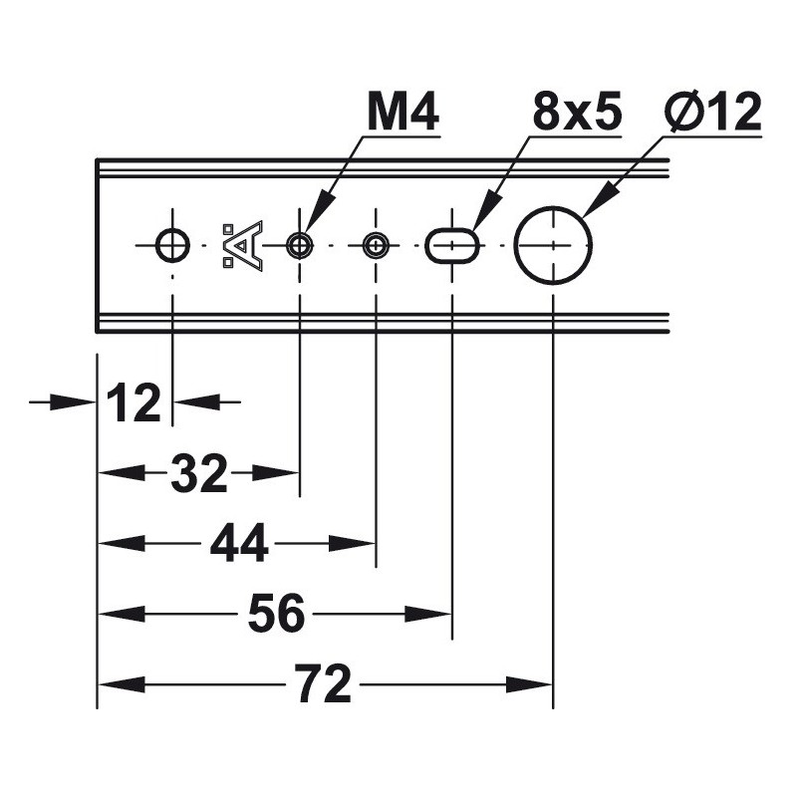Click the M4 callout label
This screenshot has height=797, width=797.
403,113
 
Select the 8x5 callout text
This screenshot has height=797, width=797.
577,112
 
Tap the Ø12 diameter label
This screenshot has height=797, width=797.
712,112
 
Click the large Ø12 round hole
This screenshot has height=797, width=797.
553,245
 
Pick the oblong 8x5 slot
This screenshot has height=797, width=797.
452,245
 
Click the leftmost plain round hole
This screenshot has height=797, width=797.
172,245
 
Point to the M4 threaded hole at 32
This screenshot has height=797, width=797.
300,245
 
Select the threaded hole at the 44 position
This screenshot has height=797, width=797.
376,245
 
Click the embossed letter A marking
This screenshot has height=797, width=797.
243,245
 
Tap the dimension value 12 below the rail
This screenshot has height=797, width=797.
133,403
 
